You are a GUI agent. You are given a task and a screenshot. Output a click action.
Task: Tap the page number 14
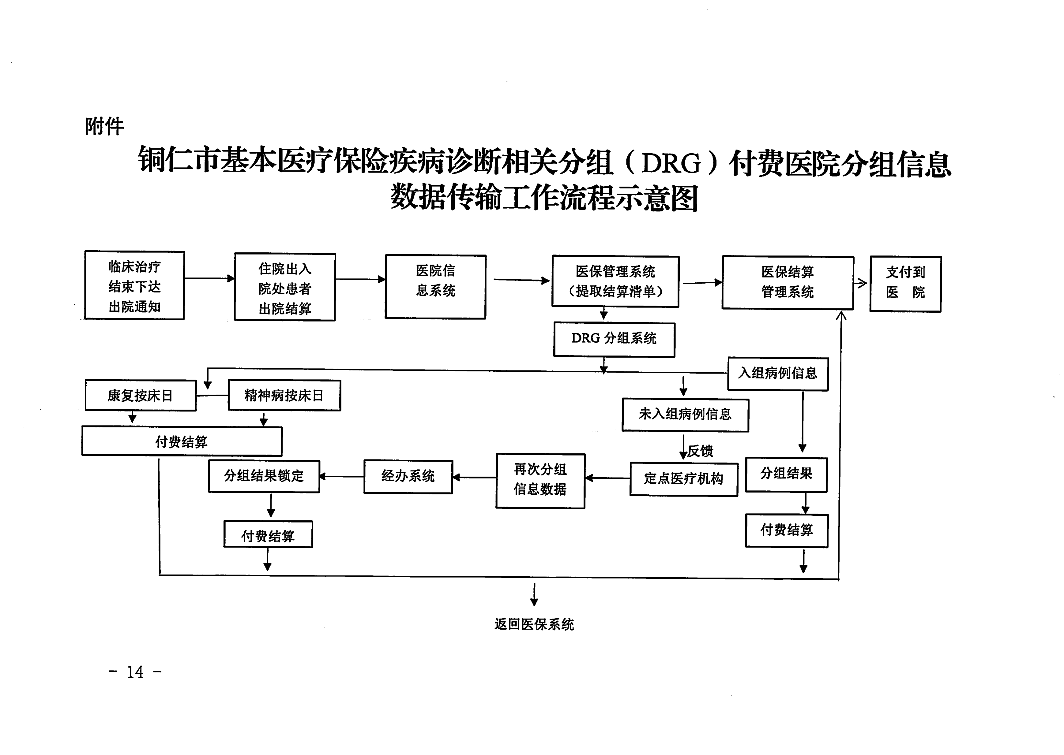click(x=135, y=672)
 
